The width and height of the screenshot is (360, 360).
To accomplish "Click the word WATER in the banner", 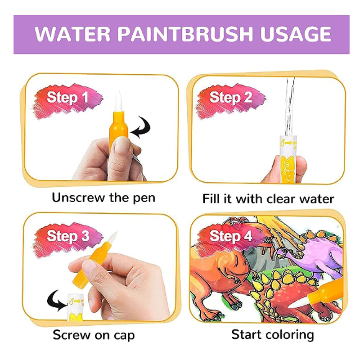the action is pos(72,34).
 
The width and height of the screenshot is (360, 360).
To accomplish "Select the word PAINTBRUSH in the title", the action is pos(185,34).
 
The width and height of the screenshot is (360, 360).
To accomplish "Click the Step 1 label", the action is pos(67,98).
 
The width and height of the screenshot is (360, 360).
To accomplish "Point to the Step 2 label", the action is pos(231,98).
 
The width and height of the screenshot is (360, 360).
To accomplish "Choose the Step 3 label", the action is pos(68,236).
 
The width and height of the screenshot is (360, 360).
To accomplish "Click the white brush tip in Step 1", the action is pos(118,102).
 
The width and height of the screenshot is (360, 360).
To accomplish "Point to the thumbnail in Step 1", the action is pos(122,145).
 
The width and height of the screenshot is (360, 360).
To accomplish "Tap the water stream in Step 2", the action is pos(290,107).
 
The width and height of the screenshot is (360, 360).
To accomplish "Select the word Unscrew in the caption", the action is pos(78,198).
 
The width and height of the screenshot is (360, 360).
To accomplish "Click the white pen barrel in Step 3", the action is pos(76,307).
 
